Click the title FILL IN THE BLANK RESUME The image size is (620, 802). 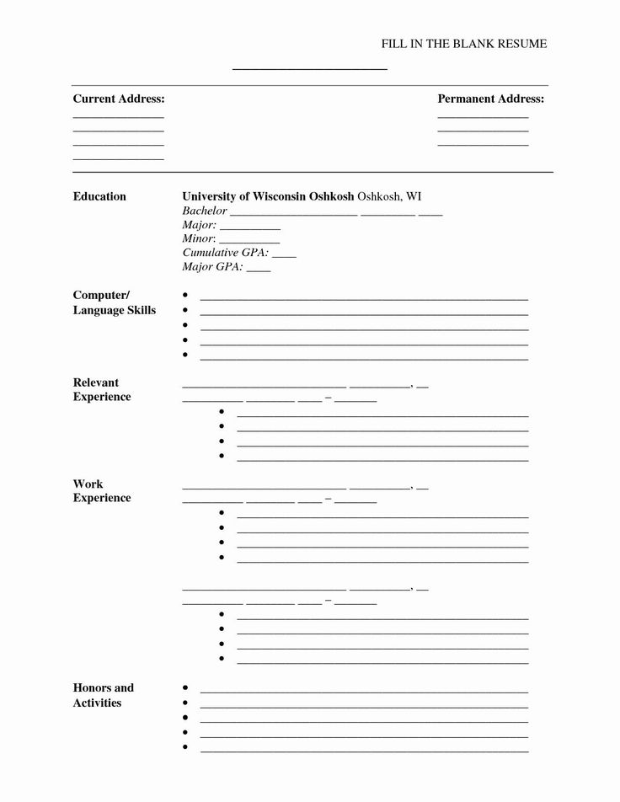465,44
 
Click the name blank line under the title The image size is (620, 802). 309,68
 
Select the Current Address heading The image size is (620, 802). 118,99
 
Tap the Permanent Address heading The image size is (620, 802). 490,99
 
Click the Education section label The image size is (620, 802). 99,196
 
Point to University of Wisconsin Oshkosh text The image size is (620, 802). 268,196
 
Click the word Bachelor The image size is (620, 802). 205,211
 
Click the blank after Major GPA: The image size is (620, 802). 259,270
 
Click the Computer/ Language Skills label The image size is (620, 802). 114,302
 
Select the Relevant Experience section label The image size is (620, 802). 102,389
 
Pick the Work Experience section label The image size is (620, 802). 102,490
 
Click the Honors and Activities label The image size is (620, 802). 103,695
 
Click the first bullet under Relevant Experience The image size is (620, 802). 222,412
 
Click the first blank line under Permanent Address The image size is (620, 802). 483,117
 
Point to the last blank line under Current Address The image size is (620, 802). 118,159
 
